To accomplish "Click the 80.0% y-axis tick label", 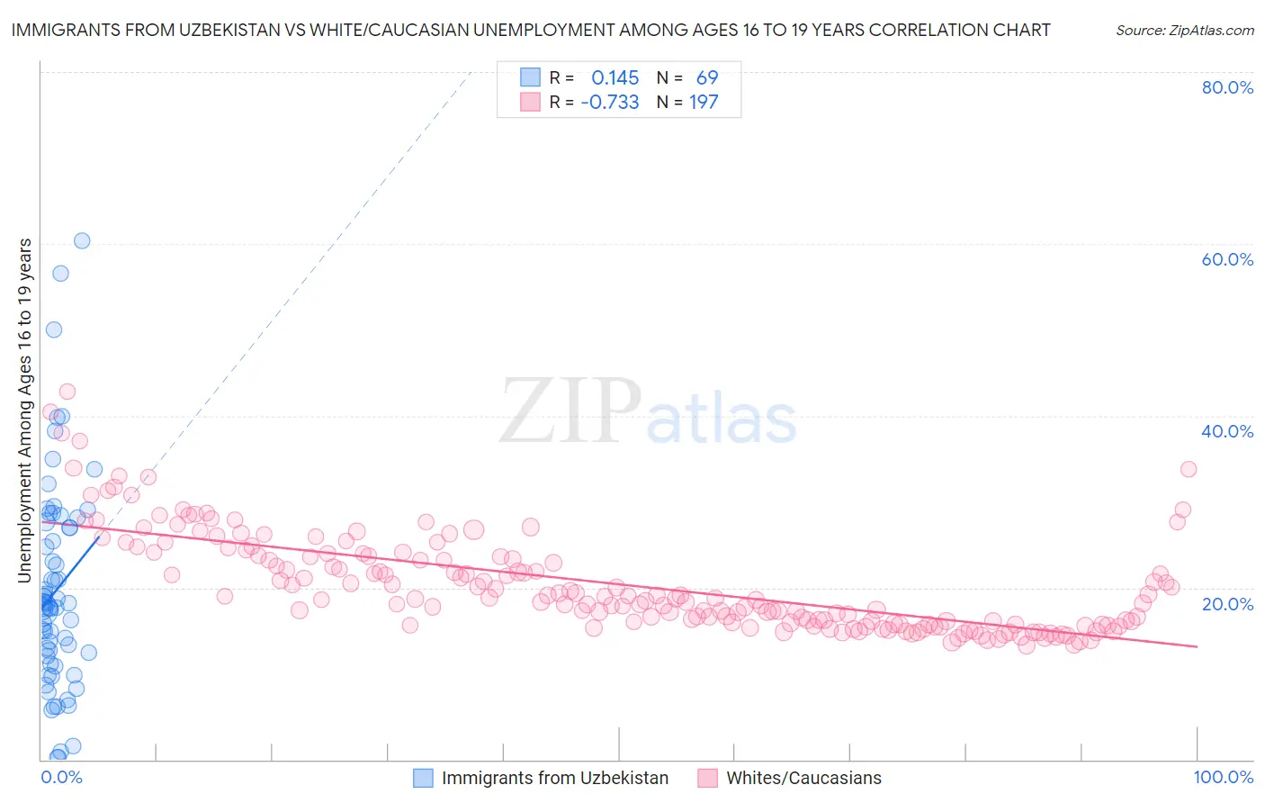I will coord(1227,87).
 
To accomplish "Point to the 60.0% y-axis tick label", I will coord(1227,259).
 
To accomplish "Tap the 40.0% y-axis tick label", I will coord(1227,431).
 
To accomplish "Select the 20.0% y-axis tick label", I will coord(1227,603).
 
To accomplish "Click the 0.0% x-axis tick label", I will coord(61,777).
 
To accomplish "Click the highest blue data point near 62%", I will coord(82,240).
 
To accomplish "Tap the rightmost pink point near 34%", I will coord(1189,469).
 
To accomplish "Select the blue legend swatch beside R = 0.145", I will coord(531,77).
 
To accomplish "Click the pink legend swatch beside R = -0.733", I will coord(531,103).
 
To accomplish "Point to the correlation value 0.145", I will coord(615,77).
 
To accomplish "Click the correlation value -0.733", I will coord(610,103).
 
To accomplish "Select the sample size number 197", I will coord(704,103).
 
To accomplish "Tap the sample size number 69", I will coord(707,77).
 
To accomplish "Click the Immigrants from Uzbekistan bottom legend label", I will coord(555,779).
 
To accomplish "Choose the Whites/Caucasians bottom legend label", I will coord(803,779).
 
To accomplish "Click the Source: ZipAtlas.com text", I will coord(1184,30).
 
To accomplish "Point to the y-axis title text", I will coord(25,411).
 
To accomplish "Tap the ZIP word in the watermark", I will coord(570,411).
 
